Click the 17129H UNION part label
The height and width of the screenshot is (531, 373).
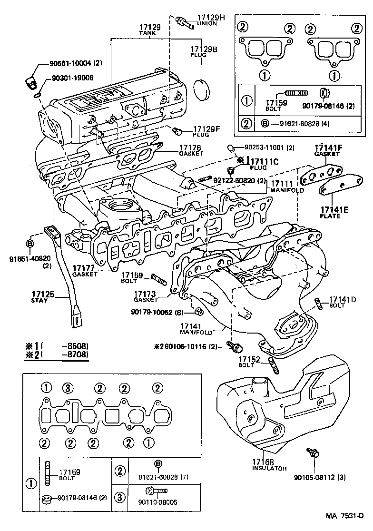(x=210, y=20)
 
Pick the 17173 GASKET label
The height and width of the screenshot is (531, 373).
(x=146, y=296)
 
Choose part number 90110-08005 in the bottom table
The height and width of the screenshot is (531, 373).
(x=157, y=502)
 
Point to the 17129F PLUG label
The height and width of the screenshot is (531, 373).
(x=206, y=131)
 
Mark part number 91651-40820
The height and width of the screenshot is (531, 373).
(x=29, y=261)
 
